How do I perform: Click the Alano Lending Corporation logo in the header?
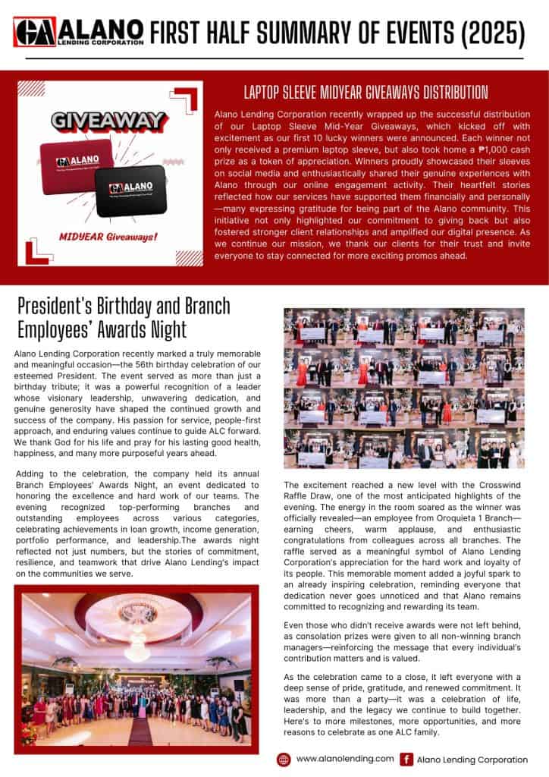click(x=78, y=32)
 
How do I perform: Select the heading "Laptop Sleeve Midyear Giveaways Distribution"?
click(x=365, y=93)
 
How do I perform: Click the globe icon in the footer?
click(x=284, y=759)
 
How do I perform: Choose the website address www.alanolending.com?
click(x=345, y=759)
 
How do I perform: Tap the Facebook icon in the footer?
click(x=406, y=759)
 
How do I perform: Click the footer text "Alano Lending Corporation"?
click(x=472, y=759)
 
